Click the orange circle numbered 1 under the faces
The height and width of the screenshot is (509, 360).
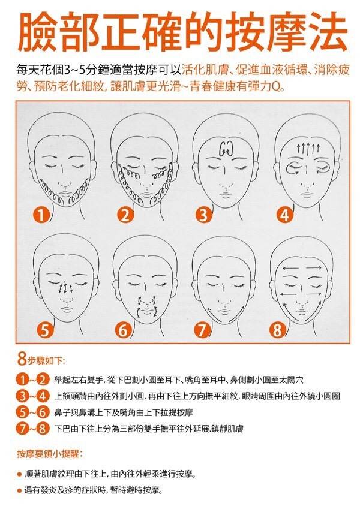pos(41,215)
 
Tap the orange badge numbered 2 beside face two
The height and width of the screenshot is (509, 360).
pos(124,215)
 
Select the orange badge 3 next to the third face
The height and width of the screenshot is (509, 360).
pos(204,215)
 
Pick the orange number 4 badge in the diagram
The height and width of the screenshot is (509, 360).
pos(284,215)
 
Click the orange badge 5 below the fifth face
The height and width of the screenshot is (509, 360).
pos(45,330)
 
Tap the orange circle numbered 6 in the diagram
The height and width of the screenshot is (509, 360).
pos(124,330)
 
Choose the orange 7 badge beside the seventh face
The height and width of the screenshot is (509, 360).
pos(202,330)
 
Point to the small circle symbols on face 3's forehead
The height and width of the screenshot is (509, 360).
pos(226,149)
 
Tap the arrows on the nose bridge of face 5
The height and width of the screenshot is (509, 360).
pos(65,288)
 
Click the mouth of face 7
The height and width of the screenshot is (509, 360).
pos(225,311)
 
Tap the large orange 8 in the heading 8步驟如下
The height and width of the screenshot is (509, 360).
pos(22,359)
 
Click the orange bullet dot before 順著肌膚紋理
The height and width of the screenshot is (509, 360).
pos(19,474)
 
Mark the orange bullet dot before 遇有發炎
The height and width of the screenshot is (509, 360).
pos(19,490)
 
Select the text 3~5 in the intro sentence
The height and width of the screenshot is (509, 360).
pos(74,70)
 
